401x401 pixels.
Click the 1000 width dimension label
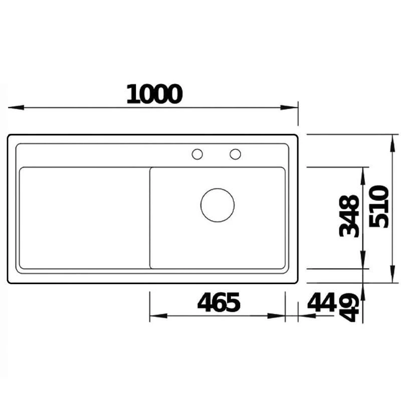pyautogui.click(x=153, y=94)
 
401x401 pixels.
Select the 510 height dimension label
pyautogui.click(x=379, y=206)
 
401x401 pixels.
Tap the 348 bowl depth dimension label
pyautogui.click(x=349, y=216)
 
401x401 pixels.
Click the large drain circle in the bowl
pyautogui.click(x=218, y=205)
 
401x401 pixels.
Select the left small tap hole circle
pyautogui.click(x=197, y=154)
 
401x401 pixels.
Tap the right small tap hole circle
pyautogui.click(x=235, y=154)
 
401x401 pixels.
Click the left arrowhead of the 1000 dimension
pyautogui.click(x=15, y=107)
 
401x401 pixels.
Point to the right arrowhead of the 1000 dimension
pyautogui.click(x=291, y=107)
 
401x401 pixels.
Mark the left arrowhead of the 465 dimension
pyautogui.click(x=157, y=316)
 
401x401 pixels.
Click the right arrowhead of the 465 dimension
pyautogui.click(x=278, y=316)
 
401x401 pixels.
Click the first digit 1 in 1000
pyautogui.click(x=132, y=94)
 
